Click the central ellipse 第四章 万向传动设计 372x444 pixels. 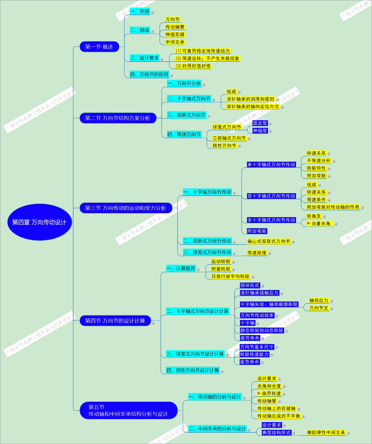click(x=39, y=222)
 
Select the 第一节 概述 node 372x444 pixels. click(x=99, y=47)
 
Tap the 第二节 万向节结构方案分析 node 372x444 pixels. click(x=118, y=118)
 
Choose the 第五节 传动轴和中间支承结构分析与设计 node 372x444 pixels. click(x=128, y=410)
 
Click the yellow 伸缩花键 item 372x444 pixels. click(x=175, y=34)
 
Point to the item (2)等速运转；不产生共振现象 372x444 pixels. click(x=207, y=58)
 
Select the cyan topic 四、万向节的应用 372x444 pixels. click(x=149, y=74)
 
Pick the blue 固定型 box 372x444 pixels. click(x=260, y=123)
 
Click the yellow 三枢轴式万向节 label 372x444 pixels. click(x=229, y=138)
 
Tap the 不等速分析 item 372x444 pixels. click(x=319, y=161)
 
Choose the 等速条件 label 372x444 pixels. click(x=316, y=200)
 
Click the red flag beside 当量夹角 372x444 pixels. click(x=309, y=223)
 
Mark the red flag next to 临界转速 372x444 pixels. click(x=259, y=393)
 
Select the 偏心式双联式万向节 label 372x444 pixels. click(x=269, y=241)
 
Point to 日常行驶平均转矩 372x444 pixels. click(x=230, y=276)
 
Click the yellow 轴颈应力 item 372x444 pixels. click(x=319, y=300)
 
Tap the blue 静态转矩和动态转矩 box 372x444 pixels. click(x=262, y=331)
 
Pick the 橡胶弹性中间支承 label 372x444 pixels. click(x=326, y=432)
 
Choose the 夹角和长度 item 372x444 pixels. click(x=269, y=386)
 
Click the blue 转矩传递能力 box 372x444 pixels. click(x=254, y=354)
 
